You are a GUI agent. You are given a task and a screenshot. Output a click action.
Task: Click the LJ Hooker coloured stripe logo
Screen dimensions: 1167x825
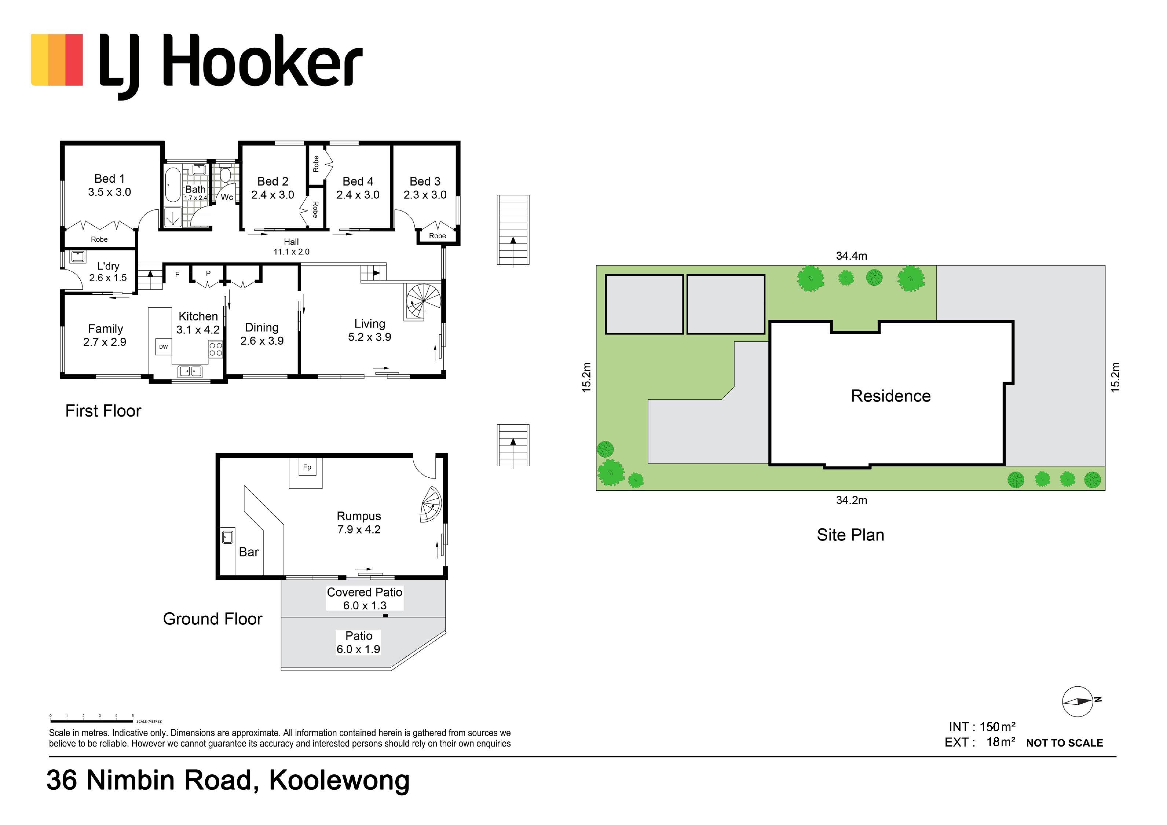point(57,60)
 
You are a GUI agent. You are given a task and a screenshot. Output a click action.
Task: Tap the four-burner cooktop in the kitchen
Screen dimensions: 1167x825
point(215,349)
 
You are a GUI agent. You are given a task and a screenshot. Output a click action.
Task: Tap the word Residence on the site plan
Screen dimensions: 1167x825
point(890,396)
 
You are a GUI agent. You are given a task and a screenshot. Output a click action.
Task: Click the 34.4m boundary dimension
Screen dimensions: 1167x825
point(851,256)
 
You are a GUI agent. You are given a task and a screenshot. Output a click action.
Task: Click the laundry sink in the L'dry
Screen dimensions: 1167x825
point(78,256)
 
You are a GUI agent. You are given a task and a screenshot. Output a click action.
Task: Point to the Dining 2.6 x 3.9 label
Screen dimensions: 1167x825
point(262,334)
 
